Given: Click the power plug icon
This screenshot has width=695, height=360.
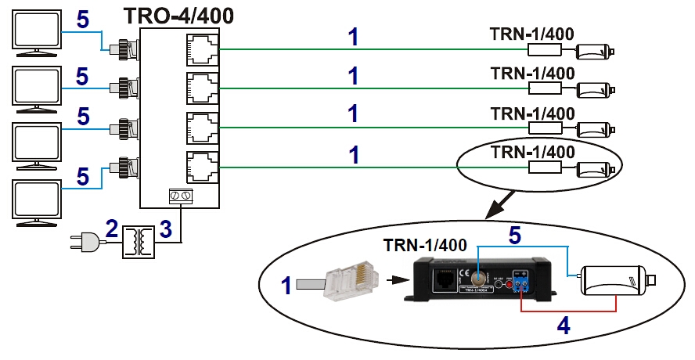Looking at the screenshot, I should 85,244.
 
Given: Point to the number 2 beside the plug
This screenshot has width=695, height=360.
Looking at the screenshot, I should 112,229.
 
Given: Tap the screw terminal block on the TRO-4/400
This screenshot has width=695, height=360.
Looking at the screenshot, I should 182,196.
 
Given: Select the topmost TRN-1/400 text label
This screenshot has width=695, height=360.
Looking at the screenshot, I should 532,34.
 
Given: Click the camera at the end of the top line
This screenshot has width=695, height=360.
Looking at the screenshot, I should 595,52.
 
